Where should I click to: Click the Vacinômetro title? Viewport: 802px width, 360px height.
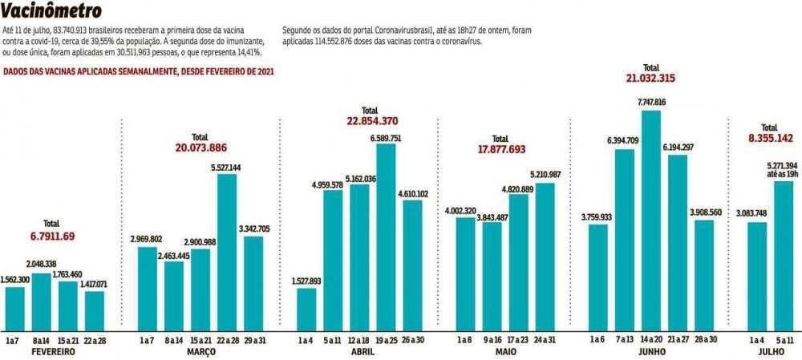[52, 11]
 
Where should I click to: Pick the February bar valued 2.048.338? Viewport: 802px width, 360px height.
[42, 301]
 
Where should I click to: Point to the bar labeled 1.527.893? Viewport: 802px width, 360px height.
[306, 309]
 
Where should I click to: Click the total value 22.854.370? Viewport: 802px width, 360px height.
[371, 121]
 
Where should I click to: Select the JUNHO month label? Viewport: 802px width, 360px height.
[651, 352]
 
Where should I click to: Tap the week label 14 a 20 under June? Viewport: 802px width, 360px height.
[651, 340]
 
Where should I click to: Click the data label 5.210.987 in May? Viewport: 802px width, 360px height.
[546, 175]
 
